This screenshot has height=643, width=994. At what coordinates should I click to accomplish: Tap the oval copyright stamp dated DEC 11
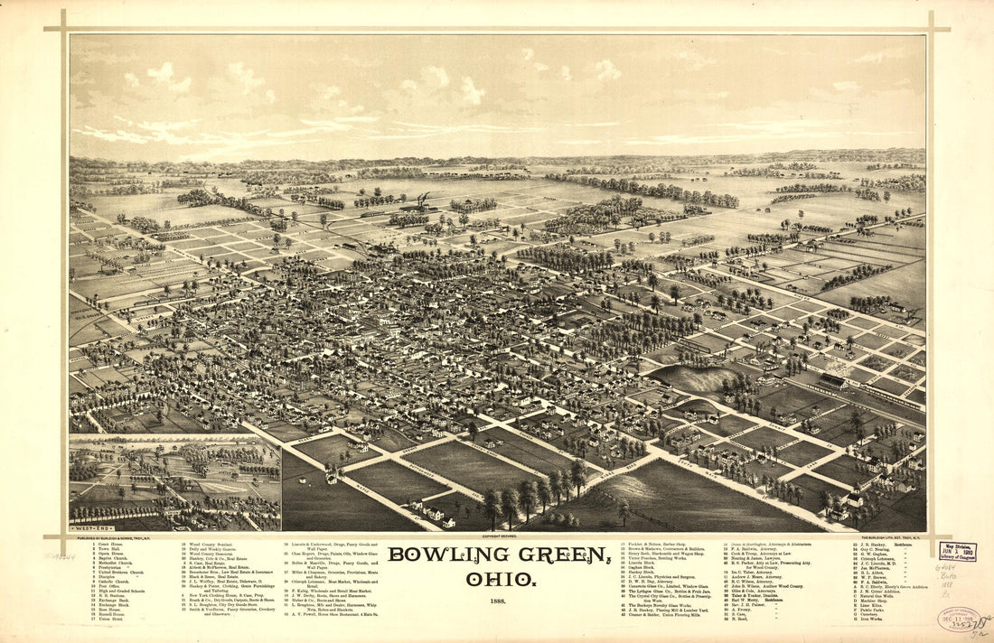[x=958, y=620]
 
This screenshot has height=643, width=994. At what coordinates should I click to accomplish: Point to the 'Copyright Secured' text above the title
[x=498, y=536]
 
